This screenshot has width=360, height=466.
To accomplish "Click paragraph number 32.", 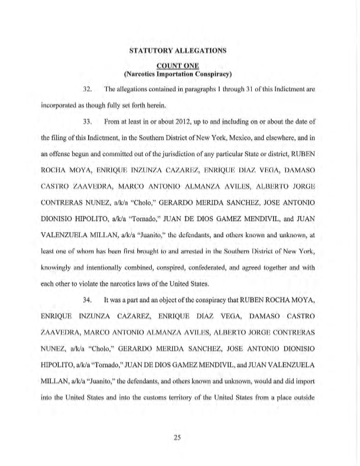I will (x=87, y=90).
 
